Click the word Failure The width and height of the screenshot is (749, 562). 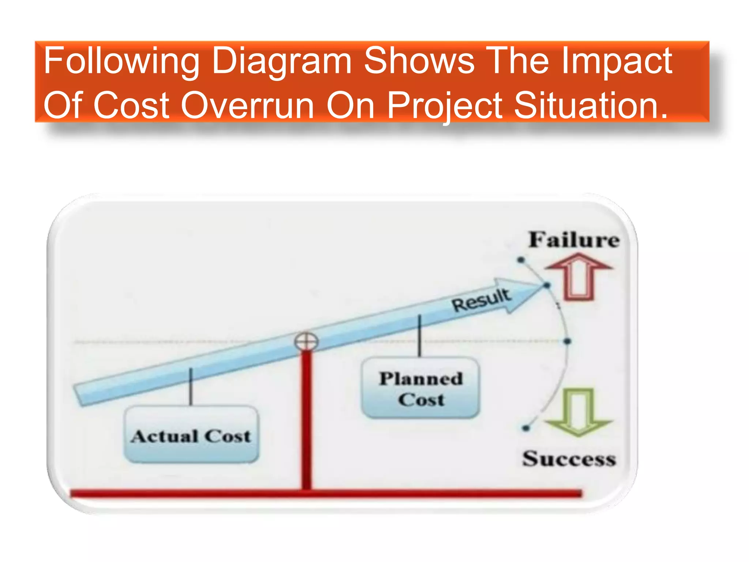tap(574, 240)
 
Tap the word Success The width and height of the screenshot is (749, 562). tap(569, 459)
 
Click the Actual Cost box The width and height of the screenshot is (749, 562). tap(191, 435)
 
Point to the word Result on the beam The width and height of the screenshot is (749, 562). tap(481, 300)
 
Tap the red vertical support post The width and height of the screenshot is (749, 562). tap(306, 421)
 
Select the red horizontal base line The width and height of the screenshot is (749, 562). tap(325, 494)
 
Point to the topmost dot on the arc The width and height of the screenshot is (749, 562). tap(521, 260)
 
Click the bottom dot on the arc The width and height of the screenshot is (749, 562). tap(526, 428)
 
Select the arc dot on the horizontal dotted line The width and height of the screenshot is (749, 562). tap(567, 341)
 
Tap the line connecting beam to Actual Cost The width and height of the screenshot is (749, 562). tap(191, 387)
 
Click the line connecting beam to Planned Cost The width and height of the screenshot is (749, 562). tap(419, 336)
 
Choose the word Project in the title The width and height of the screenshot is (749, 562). tap(444, 106)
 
